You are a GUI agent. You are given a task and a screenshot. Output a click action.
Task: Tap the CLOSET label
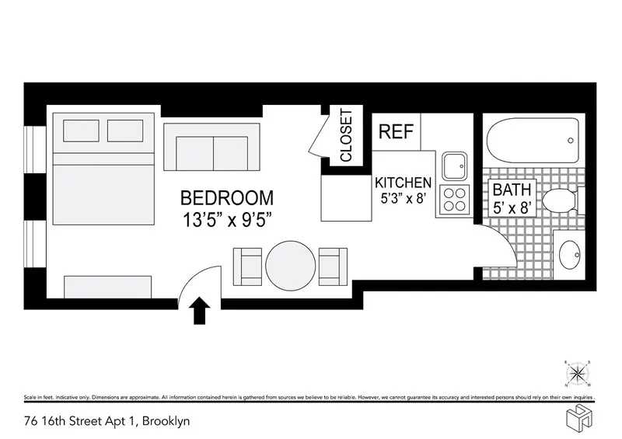coord(346,135)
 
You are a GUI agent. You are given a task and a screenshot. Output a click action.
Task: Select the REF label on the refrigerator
coord(396,131)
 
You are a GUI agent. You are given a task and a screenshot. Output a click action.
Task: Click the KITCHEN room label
coord(403,183)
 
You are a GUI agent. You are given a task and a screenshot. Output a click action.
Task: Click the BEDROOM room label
coord(227,197)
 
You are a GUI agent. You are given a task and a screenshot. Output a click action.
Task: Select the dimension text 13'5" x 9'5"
coord(227,220)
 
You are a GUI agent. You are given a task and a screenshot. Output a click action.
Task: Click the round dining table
coord(289,265)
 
